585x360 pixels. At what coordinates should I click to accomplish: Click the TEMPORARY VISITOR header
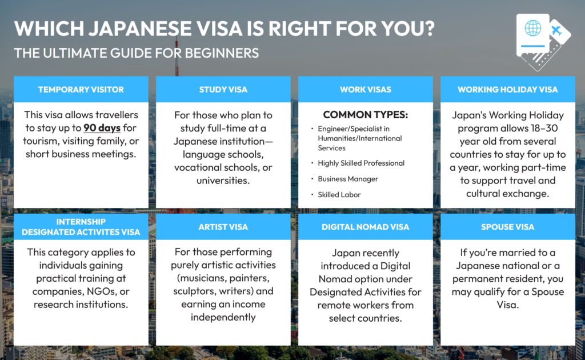pos(81,90)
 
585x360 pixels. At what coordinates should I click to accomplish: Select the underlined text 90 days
pos(102,128)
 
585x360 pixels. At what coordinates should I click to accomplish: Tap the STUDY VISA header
pos(223,90)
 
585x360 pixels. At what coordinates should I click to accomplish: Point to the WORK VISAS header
pos(365,90)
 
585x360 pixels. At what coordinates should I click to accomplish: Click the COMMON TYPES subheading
pos(365,114)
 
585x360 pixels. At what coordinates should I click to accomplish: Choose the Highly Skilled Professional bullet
pos(361,163)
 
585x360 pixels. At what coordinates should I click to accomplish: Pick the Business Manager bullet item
pos(348,179)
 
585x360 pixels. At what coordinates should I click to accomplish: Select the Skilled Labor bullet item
pos(339,195)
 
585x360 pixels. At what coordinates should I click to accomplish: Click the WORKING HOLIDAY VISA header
pos(507,90)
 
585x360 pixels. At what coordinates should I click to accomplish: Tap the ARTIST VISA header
pos(223,227)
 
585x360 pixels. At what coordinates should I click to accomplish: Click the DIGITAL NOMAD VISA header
pos(365,227)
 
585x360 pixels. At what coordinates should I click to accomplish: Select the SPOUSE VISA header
pos(507,227)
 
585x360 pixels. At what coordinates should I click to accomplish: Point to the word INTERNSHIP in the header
pos(81,222)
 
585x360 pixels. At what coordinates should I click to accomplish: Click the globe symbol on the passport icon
pos(533,28)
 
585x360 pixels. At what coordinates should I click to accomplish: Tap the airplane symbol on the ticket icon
pos(556,30)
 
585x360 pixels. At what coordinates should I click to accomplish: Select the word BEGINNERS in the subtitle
pos(222,53)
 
